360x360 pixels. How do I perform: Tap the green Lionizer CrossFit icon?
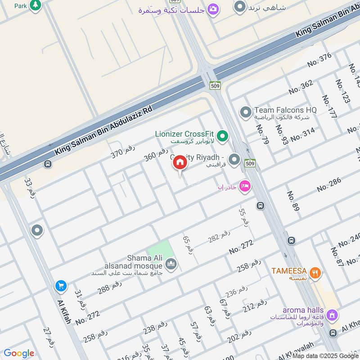[x=222, y=135]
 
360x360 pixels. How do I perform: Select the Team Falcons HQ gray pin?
[x=245, y=112]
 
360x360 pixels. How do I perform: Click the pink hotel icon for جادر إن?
[x=244, y=186]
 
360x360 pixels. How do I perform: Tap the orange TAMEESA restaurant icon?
[x=316, y=272]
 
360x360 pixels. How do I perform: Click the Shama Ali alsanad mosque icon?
[x=171, y=264]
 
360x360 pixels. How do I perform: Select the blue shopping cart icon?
[x=61, y=286]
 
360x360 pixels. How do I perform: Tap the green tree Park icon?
[x=36, y=5]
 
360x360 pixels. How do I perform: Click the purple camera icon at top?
[x=213, y=9]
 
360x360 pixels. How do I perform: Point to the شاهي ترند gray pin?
[x=240, y=7]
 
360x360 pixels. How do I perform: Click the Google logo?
[x=18, y=353]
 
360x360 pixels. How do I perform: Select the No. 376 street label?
[x=319, y=60]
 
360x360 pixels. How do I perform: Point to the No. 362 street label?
[x=301, y=87]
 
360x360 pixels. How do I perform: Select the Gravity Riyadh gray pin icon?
[x=234, y=159]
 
